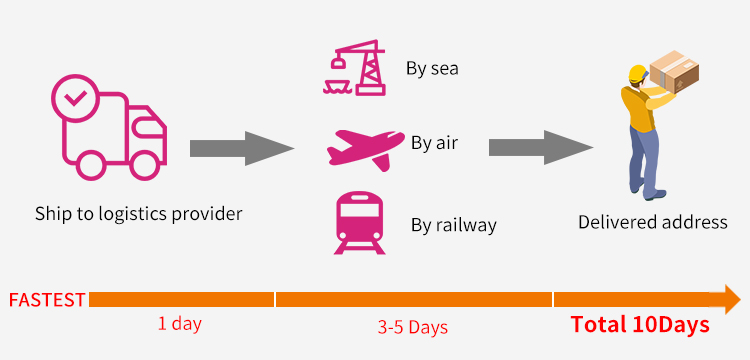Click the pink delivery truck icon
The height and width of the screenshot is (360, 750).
110,127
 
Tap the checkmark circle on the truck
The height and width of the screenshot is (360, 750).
75,98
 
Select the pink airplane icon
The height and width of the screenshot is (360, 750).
365,149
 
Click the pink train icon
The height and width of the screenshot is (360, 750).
359,222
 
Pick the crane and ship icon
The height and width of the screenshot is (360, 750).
354,67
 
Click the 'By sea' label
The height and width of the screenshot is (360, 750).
432,68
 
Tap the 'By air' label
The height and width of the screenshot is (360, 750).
434,142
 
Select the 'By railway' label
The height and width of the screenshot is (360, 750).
453,225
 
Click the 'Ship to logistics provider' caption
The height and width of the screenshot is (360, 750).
139,214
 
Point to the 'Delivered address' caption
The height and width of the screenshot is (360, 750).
652,222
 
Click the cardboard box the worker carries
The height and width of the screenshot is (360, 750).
674,72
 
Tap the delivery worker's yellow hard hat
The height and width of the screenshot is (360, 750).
638,74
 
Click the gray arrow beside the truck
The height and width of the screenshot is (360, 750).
242,148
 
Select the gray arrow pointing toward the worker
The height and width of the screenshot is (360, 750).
541,148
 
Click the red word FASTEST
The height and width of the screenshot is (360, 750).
47,300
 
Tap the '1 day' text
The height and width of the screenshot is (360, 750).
180,324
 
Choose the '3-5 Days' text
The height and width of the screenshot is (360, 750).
412,327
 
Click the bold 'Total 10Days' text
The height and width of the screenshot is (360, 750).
640,325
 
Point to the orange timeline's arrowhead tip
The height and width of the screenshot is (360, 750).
741,299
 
